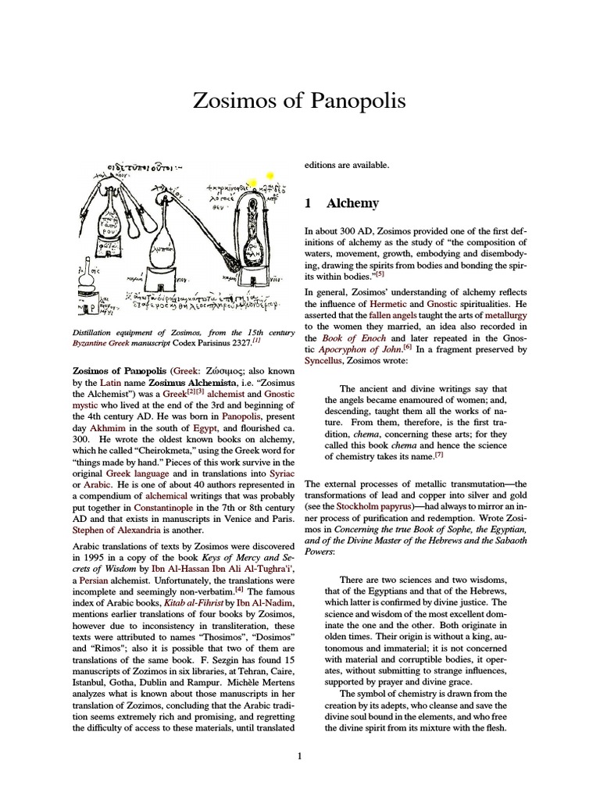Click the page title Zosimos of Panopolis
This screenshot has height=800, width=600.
pyautogui.click(x=299, y=102)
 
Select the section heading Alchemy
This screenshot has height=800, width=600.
pyautogui.click(x=352, y=203)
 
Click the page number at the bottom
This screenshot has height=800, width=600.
pyautogui.click(x=299, y=755)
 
